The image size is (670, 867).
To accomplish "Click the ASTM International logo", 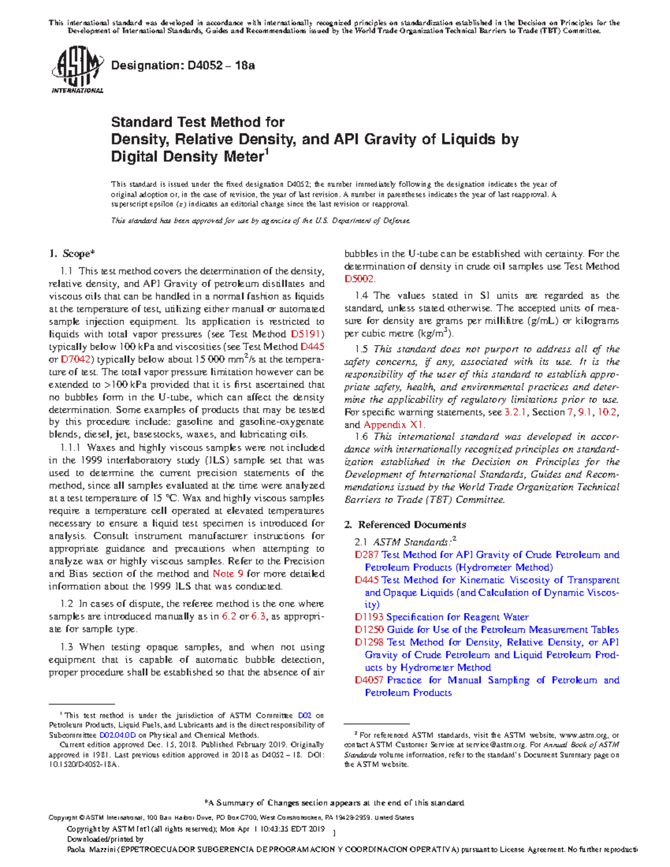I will [x=77, y=71].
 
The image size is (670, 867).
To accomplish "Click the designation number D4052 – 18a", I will [x=183, y=66].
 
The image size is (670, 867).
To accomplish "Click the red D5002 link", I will [x=360, y=279].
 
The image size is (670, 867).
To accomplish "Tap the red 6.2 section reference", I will [x=229, y=617].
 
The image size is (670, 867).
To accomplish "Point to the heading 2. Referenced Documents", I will [x=405, y=525].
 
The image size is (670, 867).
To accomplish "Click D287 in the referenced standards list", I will [x=367, y=555].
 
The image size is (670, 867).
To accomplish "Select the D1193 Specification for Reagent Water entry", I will [x=442, y=617].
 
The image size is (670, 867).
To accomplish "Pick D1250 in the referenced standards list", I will [x=367, y=630].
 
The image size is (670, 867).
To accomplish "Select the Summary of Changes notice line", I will [x=335, y=803].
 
